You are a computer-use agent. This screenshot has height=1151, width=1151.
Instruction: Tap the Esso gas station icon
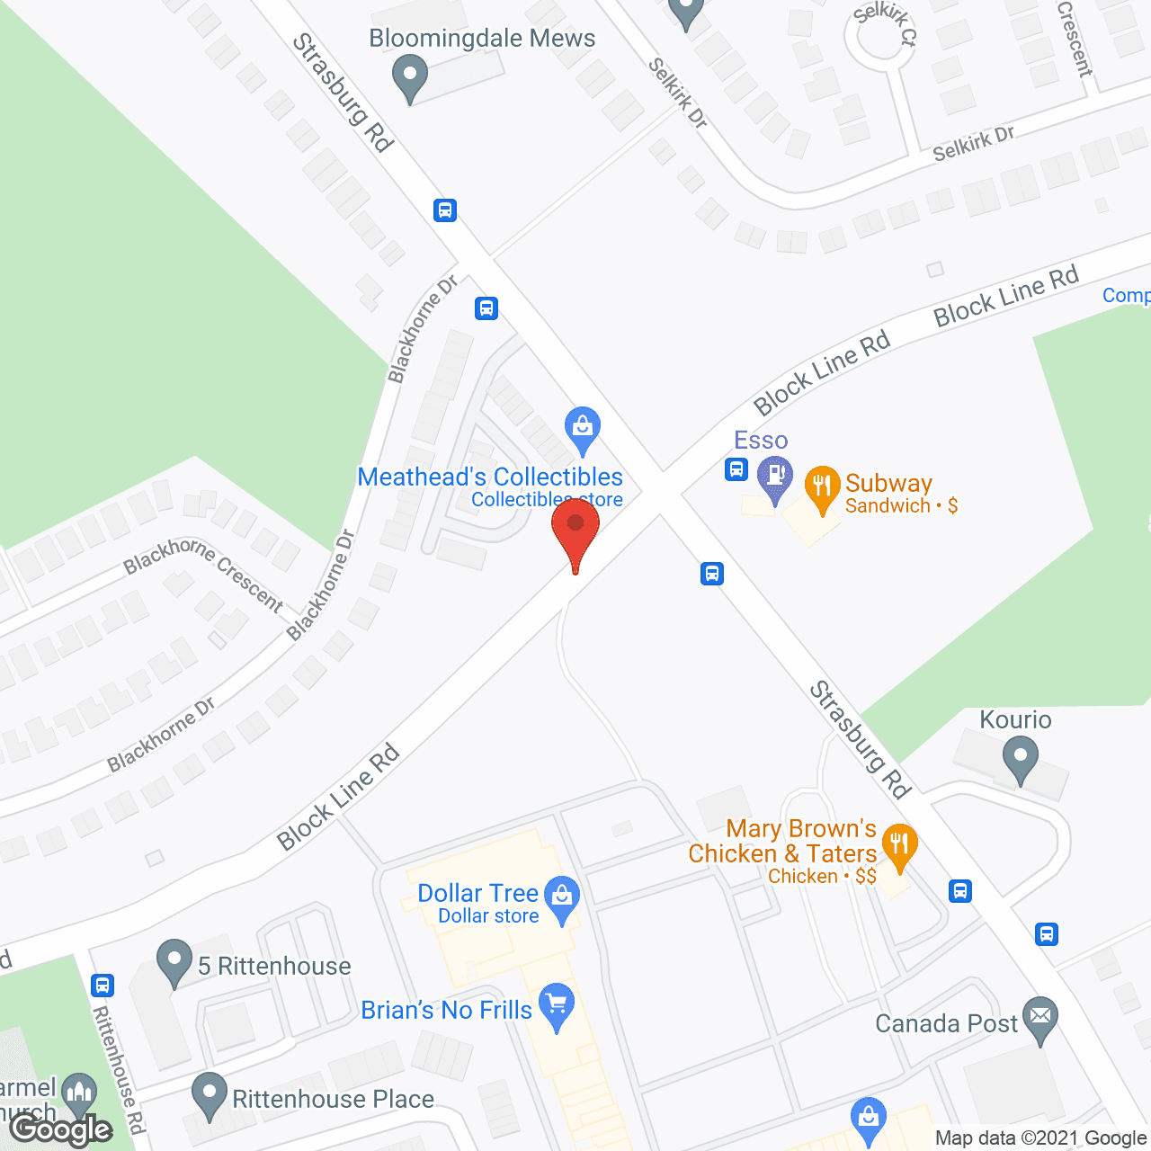pyautogui.click(x=774, y=476)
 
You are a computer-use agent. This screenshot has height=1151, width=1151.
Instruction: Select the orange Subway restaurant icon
pyautogui.click(x=822, y=486)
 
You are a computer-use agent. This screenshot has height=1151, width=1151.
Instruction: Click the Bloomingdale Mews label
pyautogui.click(x=482, y=39)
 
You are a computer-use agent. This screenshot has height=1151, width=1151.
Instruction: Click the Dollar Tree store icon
pyautogui.click(x=562, y=897)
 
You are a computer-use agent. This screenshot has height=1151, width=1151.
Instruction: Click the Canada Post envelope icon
pyautogui.click(x=1040, y=1018)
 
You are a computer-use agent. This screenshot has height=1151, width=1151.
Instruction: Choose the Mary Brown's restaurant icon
pyautogui.click(x=898, y=845)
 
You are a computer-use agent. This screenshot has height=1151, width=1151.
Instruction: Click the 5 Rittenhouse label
pyautogui.click(x=274, y=967)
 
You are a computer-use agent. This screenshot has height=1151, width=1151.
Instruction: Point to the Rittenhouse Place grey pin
pyautogui.click(x=210, y=1094)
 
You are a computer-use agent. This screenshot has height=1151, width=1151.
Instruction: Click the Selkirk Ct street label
pyautogui.click(x=886, y=23)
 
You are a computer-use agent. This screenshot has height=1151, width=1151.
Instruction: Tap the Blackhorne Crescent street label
pyautogui.click(x=203, y=574)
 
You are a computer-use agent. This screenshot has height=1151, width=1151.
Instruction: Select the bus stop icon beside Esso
pyautogui.click(x=736, y=468)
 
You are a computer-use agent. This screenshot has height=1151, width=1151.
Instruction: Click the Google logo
pyautogui.click(x=62, y=1129)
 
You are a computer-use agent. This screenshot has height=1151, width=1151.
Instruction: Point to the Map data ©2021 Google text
pyautogui.click(x=1041, y=1138)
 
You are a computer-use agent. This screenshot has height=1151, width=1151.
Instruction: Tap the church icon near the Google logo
pyautogui.click(x=80, y=1093)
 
